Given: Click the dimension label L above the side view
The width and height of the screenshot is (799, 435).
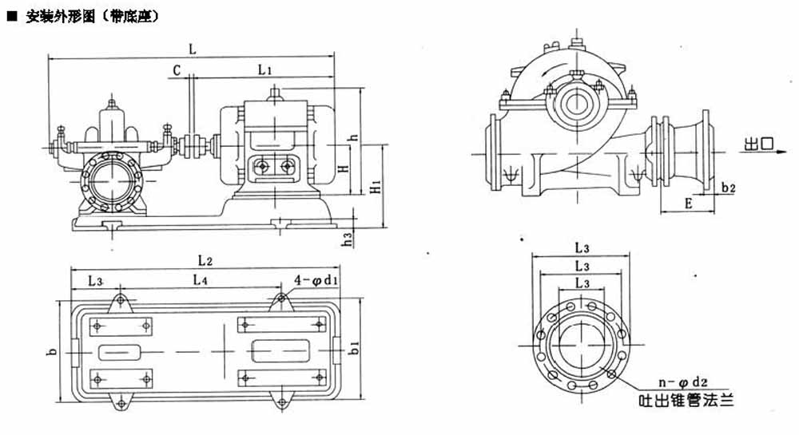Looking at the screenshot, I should coord(193,49).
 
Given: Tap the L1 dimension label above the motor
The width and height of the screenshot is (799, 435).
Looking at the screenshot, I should coord(266,70).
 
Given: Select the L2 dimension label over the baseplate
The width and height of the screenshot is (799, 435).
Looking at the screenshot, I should coord(205,260).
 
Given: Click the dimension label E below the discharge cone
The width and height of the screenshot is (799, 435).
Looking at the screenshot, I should coord(688,204).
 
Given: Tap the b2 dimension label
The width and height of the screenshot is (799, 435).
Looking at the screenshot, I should coord(727,188).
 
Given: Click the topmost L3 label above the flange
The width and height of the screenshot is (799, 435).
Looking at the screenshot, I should coord(582,247).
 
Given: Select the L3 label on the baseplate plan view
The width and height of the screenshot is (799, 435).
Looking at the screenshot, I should coord(95,281).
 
